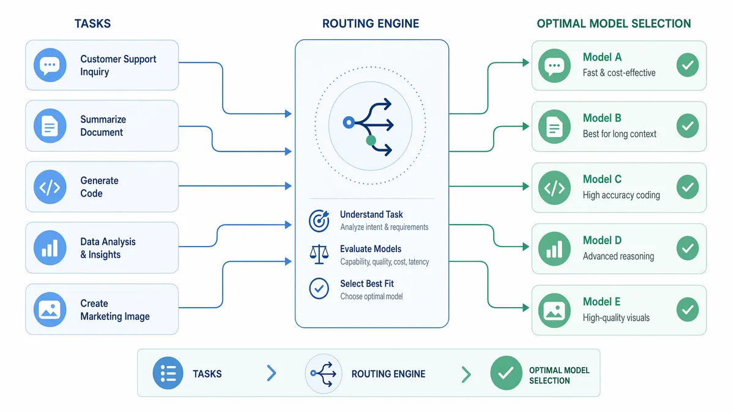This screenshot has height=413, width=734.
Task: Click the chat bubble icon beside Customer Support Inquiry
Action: click(50, 65)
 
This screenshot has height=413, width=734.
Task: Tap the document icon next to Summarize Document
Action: click(50, 126)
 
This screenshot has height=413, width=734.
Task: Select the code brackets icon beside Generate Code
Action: click(50, 187)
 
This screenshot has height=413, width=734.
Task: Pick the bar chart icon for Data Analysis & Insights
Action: click(50, 248)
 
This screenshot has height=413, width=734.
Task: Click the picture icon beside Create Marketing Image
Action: click(50, 310)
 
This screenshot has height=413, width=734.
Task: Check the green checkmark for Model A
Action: click(688, 65)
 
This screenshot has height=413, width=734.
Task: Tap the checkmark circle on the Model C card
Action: click(688, 187)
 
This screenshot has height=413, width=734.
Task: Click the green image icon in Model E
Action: click(554, 310)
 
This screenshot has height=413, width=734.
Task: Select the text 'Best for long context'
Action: click(619, 134)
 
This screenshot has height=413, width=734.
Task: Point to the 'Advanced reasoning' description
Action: click(618, 256)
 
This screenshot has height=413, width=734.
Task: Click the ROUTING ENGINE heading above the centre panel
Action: click(371, 24)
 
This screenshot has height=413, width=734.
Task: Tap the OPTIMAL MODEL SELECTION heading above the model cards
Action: click(614, 24)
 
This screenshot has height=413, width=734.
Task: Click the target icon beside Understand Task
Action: click(319, 221)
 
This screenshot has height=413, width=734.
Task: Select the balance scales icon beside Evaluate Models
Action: click(319, 255)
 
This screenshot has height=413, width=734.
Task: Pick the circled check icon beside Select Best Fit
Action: click(319, 288)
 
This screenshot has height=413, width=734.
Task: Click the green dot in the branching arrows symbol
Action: click(371, 141)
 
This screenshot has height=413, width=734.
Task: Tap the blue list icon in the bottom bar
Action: click(168, 373)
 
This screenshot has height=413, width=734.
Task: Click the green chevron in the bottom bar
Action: click(466, 374)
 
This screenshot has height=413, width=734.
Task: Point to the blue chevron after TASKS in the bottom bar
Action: click(272, 373)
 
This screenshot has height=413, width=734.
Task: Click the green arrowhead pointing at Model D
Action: click(526, 247)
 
